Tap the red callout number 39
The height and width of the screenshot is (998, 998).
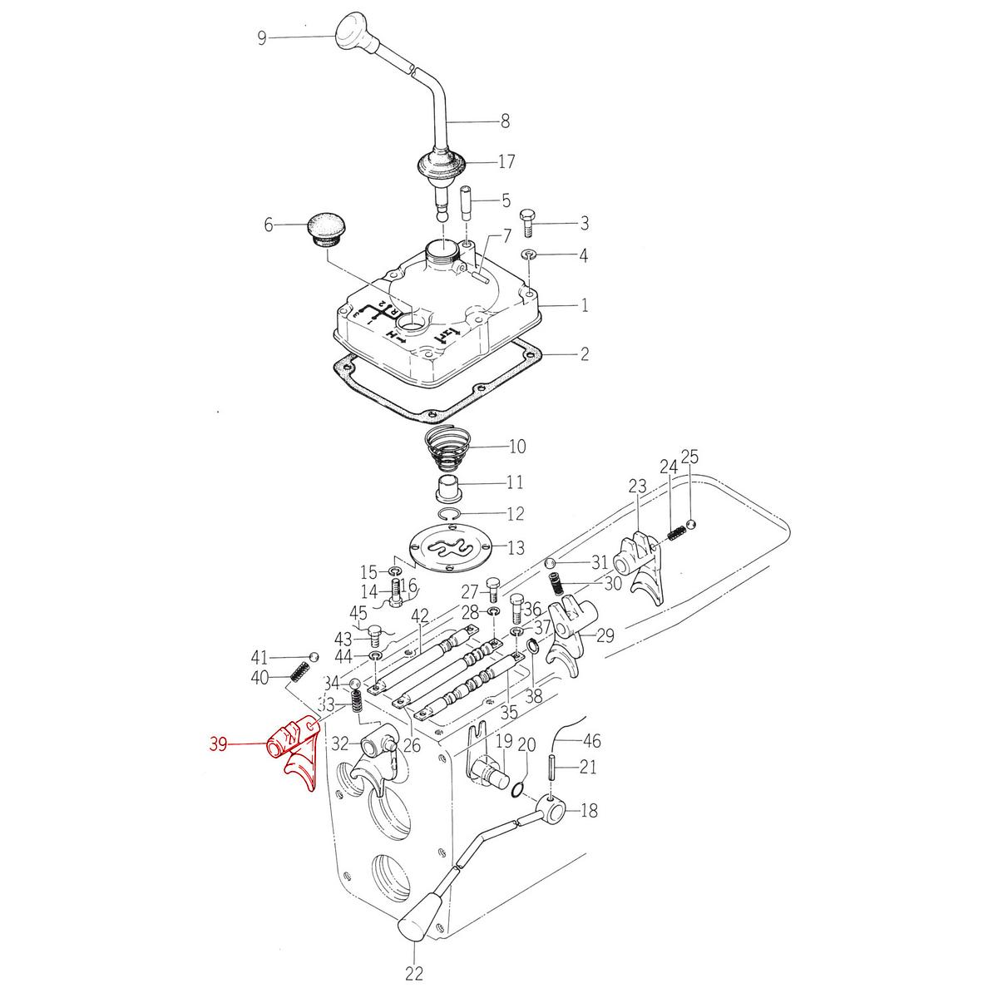point(219,744)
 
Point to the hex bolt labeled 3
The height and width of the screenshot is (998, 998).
point(527,223)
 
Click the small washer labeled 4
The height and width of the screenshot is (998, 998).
point(529,254)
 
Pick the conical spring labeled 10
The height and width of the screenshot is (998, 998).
point(447,447)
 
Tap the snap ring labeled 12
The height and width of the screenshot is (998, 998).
point(447,514)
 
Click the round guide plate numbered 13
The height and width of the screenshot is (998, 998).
point(449,550)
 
